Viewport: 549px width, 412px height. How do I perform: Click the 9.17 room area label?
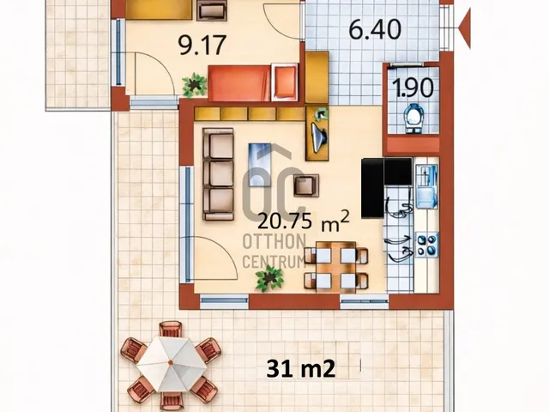(x=202, y=45)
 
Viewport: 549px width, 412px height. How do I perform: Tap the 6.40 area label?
(x=375, y=29)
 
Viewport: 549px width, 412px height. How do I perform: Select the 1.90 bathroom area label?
(x=413, y=88)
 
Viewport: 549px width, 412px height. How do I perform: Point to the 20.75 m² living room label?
(x=304, y=221)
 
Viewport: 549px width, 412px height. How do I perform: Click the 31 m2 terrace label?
(x=301, y=369)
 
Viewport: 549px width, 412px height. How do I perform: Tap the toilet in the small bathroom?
(x=413, y=118)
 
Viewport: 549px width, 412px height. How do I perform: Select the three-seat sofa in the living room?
(x=218, y=174)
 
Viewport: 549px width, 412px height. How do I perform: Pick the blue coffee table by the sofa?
(x=260, y=164)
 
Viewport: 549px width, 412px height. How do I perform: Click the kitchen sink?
(x=426, y=186)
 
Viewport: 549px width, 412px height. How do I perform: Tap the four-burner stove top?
(x=427, y=245)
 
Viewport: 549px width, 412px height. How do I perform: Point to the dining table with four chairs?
(x=336, y=267)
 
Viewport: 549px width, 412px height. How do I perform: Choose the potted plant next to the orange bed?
(x=194, y=86)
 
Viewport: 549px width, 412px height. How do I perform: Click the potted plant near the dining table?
(x=269, y=278)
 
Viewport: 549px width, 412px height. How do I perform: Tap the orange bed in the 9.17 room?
(x=253, y=83)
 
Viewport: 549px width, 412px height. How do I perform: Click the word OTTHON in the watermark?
(x=274, y=242)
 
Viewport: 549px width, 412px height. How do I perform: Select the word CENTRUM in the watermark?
(x=274, y=262)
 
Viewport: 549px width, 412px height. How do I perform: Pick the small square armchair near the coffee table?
(x=306, y=185)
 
